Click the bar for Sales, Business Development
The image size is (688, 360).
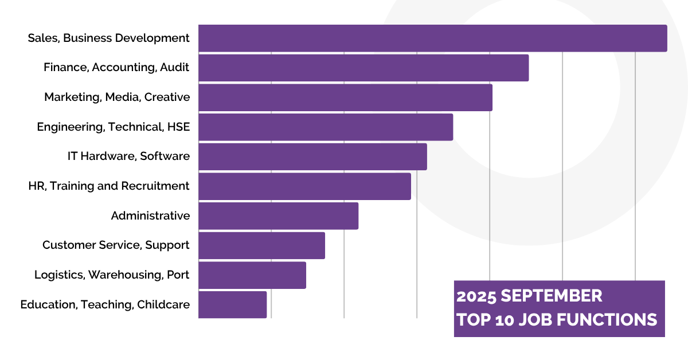432,38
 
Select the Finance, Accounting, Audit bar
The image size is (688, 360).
363,68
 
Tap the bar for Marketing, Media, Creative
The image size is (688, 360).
345,97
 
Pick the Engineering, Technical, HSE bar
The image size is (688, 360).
326,127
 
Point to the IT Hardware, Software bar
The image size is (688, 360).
312,156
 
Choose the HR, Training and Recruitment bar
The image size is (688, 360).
304,186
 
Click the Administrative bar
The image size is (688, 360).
278,216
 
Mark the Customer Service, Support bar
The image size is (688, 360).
261,245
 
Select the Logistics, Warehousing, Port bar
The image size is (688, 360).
252,275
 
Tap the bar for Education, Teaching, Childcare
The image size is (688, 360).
232,304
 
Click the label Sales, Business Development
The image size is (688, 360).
108,38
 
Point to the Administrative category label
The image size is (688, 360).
150,216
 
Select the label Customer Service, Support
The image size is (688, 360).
116,245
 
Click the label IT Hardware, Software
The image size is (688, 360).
128,156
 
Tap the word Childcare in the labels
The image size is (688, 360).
163,305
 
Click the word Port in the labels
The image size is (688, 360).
178,275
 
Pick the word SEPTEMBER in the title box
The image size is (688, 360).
552,296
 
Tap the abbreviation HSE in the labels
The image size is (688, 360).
178,127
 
